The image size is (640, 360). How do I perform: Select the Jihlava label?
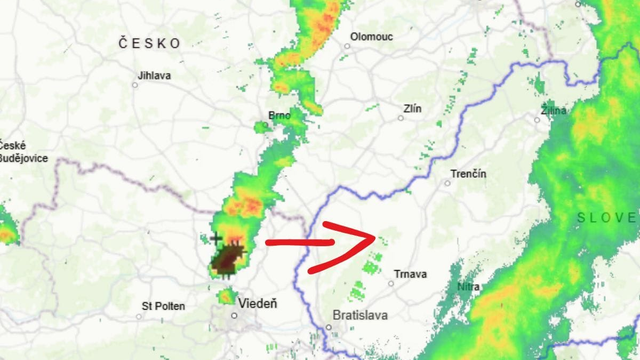[x=154, y=75]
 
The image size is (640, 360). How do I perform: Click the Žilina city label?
[x=552, y=109]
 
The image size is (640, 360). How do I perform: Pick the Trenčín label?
[x=468, y=174]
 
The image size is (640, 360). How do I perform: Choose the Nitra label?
[x=467, y=288]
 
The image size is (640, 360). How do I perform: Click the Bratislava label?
[x=358, y=315]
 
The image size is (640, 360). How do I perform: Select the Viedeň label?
[x=258, y=303]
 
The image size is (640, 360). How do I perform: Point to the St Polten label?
[x=163, y=306]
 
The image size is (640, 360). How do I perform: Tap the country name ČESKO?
[x=149, y=43]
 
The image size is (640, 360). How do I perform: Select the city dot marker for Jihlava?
[x=135, y=84]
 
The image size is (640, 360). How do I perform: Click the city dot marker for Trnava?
[x=391, y=283]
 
